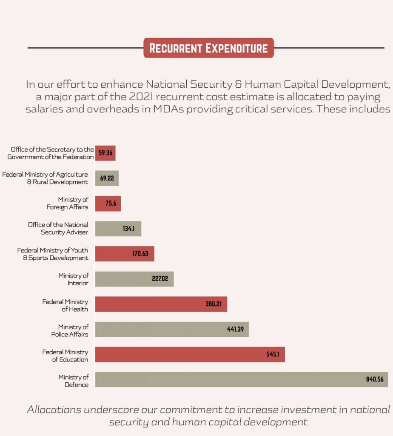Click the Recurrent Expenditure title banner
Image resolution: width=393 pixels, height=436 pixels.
208,48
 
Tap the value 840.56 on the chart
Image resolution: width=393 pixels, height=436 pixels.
375,379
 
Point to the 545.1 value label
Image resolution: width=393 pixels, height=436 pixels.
272,354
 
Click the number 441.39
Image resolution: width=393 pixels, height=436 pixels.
235,329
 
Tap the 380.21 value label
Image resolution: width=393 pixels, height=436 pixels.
214,304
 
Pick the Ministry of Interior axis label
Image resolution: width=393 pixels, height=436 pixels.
74,279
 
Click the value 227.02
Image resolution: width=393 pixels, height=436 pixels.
160,279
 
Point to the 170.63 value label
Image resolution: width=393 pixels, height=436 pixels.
140,254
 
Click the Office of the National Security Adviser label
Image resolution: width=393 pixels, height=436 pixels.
58,228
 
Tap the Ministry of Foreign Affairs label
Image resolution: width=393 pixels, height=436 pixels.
68,203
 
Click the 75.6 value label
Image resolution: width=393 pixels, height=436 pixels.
111,204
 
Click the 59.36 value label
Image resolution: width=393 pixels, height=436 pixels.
105,153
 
